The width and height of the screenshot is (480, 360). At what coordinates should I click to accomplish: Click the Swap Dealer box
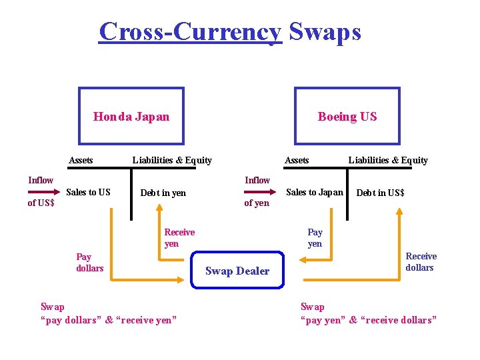tap(237, 270)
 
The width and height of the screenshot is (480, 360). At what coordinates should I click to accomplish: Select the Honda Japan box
tap(131, 117)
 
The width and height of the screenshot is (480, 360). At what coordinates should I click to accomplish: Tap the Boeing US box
tap(347, 117)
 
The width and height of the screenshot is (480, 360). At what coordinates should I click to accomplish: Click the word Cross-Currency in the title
tap(191, 31)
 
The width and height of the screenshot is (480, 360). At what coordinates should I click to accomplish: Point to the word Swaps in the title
tap(325, 31)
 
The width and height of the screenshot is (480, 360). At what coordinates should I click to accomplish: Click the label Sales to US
tap(89, 192)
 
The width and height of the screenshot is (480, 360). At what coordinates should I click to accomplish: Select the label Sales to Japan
tap(314, 192)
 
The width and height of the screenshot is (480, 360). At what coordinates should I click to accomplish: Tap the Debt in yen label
tap(163, 193)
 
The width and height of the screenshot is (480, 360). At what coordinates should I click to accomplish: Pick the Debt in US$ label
tap(380, 193)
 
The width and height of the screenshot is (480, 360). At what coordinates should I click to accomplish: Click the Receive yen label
tap(179, 237)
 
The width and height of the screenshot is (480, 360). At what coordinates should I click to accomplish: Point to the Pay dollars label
tap(89, 262)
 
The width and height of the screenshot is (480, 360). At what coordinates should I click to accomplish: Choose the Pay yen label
tap(315, 237)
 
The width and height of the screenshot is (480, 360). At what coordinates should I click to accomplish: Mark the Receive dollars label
tap(421, 261)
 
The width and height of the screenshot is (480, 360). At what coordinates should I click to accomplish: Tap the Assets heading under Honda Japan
tap(81, 160)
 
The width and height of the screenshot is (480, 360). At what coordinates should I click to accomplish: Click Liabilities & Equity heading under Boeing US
tap(388, 160)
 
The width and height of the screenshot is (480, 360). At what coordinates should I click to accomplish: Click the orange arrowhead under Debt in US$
tap(399, 211)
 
